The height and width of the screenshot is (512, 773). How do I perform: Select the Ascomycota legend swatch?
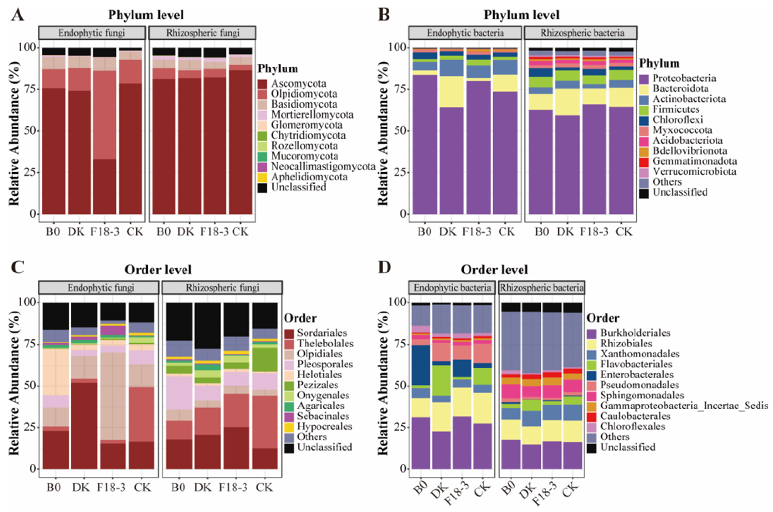pos(262,84)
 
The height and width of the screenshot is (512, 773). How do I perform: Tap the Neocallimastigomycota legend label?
pos(323,167)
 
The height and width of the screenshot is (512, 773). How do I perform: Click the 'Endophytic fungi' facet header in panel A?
pos(92,33)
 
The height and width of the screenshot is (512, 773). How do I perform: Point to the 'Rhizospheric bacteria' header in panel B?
pos(582,33)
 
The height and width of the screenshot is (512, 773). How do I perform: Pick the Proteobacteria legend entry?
pos(683,78)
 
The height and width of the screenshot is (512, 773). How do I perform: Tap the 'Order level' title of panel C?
pos(158,270)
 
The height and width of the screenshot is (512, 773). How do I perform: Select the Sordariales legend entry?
pos(322,333)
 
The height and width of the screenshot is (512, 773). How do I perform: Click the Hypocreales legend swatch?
pos(289,427)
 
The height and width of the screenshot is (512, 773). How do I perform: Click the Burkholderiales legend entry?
pos(635,333)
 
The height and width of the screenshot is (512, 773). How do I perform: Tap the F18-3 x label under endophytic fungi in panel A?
pos(105,232)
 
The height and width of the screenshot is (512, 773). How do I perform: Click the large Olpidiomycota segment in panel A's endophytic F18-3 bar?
pos(105,114)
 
